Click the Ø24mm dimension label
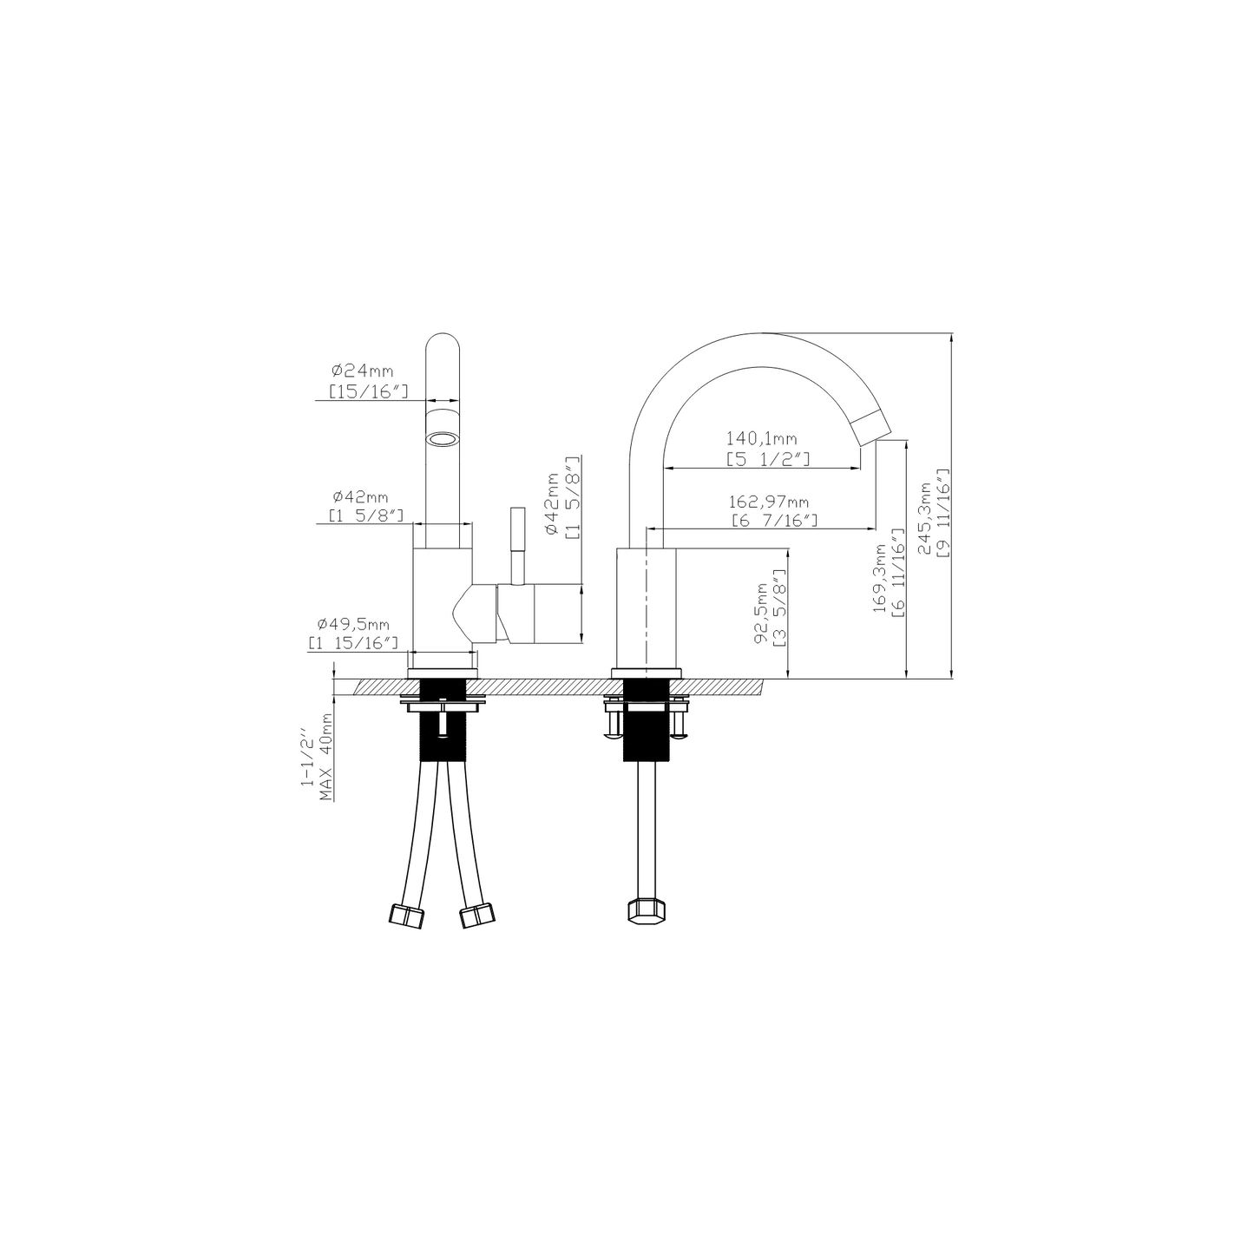point(362,371)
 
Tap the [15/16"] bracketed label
point(368,391)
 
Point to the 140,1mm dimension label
point(761,439)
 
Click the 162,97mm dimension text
point(769,502)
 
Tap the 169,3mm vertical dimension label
point(880,579)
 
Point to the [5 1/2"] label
point(768,459)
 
